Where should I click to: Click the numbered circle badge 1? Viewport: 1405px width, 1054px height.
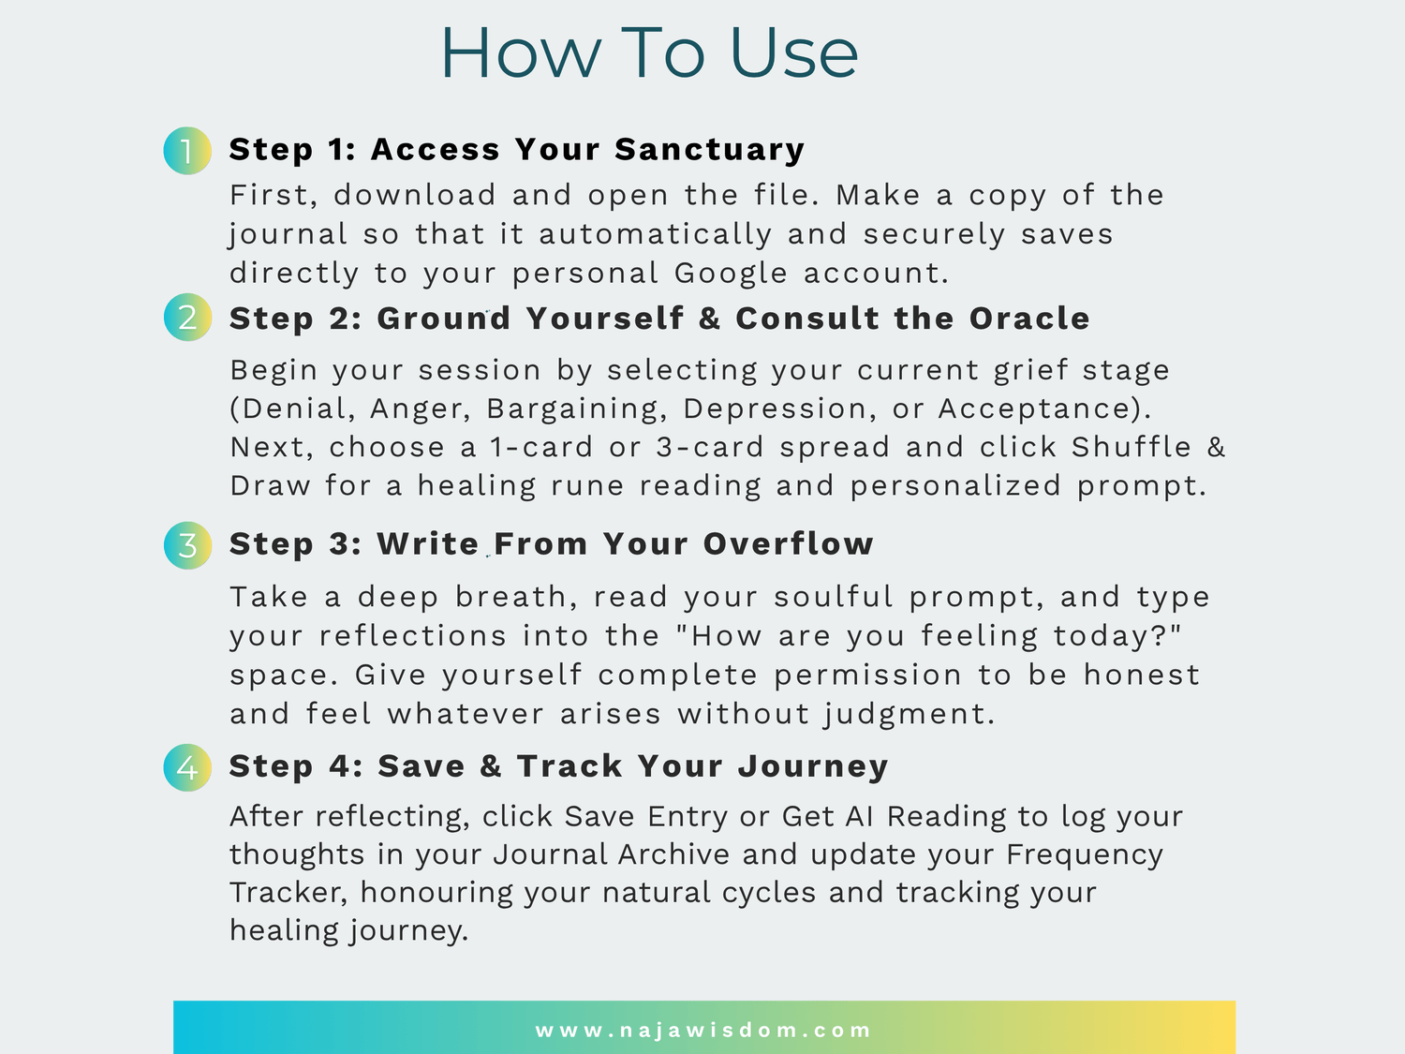pos(187,151)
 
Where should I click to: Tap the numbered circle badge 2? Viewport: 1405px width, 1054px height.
pos(187,318)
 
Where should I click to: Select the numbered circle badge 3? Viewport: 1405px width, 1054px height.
pos(187,545)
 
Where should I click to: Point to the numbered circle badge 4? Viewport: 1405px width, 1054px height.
pos(187,767)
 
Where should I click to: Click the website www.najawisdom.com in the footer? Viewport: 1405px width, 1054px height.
pos(702,1030)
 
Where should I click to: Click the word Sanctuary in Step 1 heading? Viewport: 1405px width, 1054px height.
pos(709,150)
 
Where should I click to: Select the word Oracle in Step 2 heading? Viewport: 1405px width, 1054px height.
pos(1029,318)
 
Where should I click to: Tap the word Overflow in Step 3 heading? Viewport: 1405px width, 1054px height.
pos(788,543)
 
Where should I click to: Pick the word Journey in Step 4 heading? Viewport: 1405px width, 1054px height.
pos(813,766)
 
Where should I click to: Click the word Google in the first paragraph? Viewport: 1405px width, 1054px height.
pos(731,274)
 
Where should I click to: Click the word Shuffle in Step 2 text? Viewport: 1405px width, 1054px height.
pos(1131,447)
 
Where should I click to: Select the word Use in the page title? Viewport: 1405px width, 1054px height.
pos(793,53)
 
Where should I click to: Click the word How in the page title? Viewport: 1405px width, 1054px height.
pos(521,53)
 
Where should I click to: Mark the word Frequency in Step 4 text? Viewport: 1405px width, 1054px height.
pos(1085,855)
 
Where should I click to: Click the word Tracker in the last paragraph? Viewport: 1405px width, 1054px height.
pos(288,893)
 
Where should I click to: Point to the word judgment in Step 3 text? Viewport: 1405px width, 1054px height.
pos(909,714)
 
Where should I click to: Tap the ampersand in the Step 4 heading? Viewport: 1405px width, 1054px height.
pos(490,766)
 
